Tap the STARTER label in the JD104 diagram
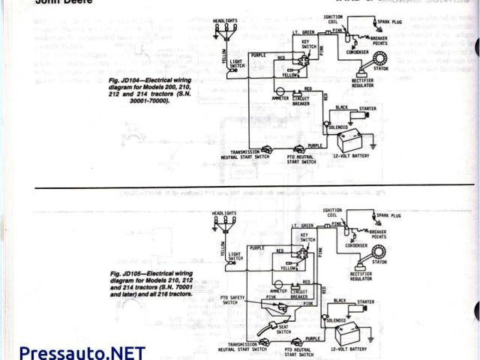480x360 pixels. pyautogui.click(x=367, y=109)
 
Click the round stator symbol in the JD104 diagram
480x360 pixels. pyautogui.click(x=367, y=72)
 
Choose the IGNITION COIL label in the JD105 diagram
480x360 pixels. pyautogui.click(x=333, y=212)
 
